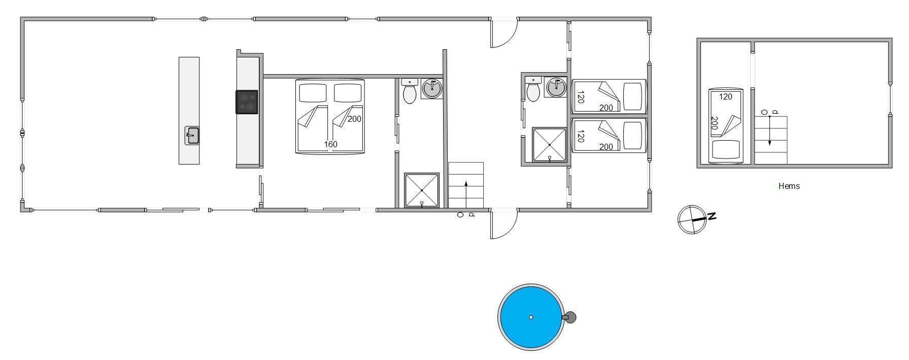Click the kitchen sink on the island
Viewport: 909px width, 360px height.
click(192, 136)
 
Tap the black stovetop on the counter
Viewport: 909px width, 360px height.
click(247, 102)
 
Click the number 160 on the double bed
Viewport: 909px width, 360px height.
click(330, 144)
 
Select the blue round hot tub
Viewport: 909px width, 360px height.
click(531, 317)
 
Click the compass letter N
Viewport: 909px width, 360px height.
click(712, 216)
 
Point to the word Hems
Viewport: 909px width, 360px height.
click(789, 186)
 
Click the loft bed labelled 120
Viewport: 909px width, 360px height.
click(726, 126)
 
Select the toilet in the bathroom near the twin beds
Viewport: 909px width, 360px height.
click(533, 89)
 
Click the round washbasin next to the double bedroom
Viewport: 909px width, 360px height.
click(432, 88)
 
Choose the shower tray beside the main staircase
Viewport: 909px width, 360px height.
click(422, 190)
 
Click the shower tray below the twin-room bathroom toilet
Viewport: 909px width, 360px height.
click(549, 145)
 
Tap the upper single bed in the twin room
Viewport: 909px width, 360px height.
click(609, 96)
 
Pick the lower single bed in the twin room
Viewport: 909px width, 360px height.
click(609, 135)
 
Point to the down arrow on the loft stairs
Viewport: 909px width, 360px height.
click(769, 131)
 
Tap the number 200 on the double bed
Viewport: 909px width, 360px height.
click(354, 119)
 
